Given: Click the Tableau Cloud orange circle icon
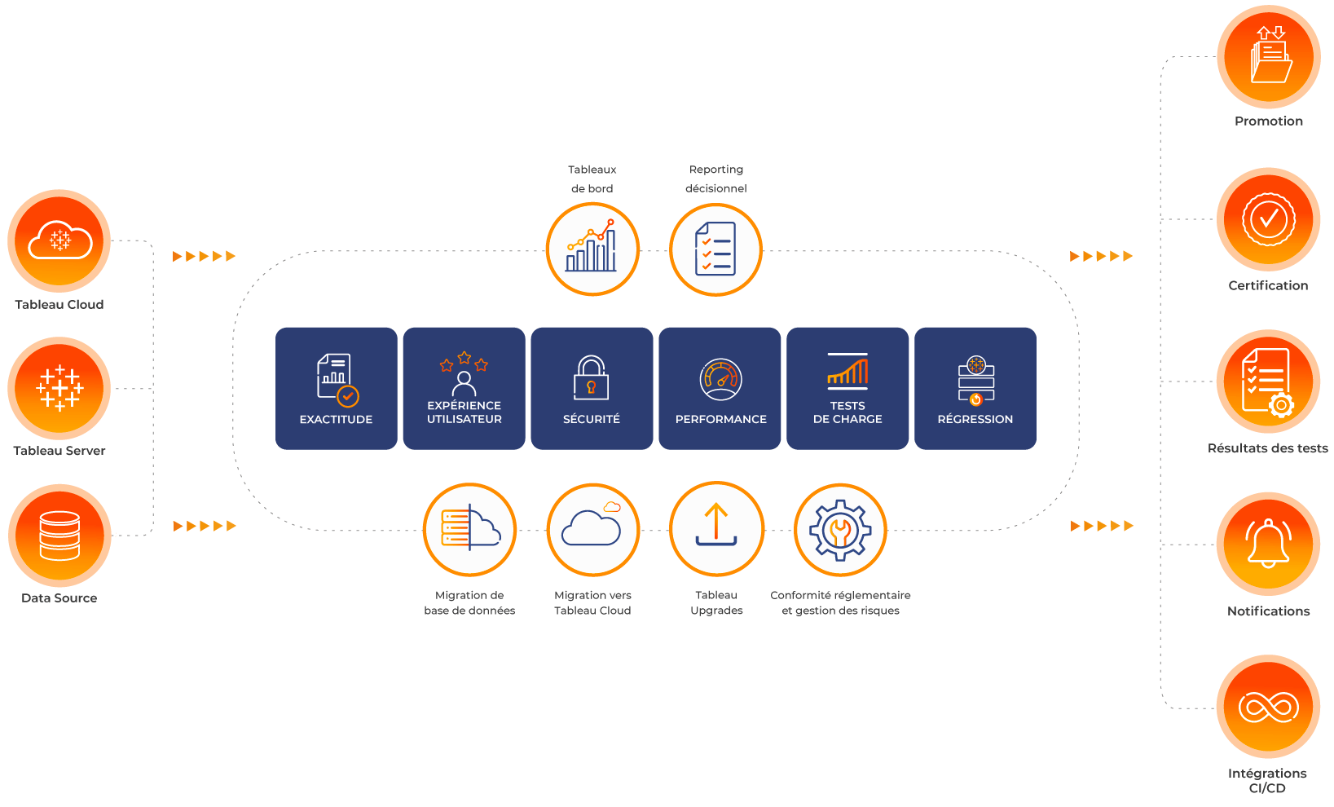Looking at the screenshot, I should (x=59, y=240).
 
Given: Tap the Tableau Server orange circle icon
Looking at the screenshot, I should (x=59, y=388).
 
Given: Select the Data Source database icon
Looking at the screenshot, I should (x=59, y=535).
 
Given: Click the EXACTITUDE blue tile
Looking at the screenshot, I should (x=336, y=388).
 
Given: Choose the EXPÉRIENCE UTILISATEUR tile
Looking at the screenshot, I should (x=464, y=388).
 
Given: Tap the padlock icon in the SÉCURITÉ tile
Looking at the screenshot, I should (x=592, y=377).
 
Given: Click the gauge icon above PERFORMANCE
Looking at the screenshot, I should (x=720, y=379).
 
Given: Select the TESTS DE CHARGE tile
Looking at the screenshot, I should (x=848, y=388).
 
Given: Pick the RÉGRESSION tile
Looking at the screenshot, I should (x=975, y=388).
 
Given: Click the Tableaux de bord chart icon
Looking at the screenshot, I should (x=592, y=249).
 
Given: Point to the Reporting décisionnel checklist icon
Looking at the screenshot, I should (x=715, y=249).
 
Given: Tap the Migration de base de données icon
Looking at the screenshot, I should (x=470, y=530).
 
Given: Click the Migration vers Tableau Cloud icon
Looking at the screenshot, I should (x=592, y=530).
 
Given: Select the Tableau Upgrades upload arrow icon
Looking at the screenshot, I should (x=716, y=528).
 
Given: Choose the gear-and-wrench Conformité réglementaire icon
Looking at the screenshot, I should (x=840, y=530).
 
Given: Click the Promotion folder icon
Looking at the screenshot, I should (x=1269, y=57).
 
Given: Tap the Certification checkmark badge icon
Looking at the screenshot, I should (x=1269, y=219).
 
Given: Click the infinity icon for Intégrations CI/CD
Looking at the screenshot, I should (x=1269, y=707).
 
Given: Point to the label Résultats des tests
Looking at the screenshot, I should (x=1268, y=448).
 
